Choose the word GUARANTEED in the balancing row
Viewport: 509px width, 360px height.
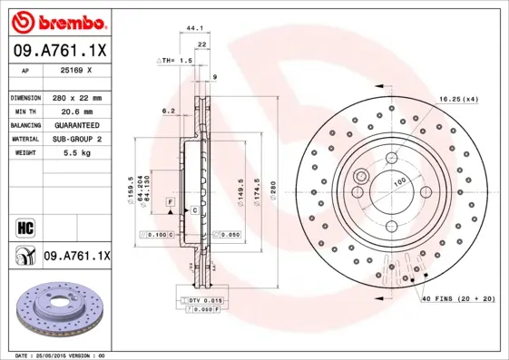point(75,124)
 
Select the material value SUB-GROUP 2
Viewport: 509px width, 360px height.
point(75,139)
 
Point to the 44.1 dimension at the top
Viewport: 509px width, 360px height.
point(193,29)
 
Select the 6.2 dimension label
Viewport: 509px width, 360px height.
point(168,111)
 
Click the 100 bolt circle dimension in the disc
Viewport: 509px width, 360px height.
point(397,182)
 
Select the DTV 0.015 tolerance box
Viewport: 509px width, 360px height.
point(204,300)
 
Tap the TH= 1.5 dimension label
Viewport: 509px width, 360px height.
point(178,60)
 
